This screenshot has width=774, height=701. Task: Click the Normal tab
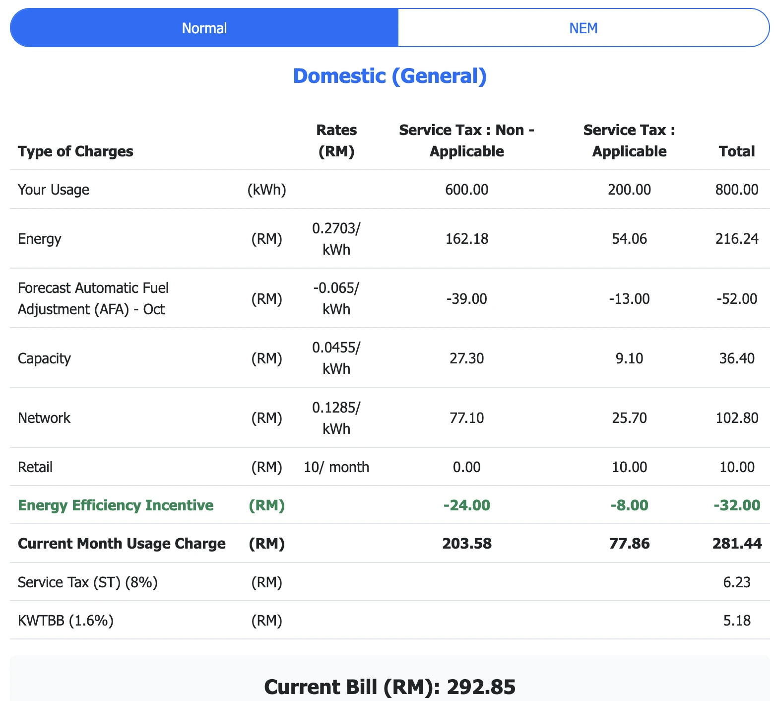pos(204,28)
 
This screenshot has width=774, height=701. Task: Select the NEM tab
pos(583,28)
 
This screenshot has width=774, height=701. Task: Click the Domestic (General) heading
pos(389,76)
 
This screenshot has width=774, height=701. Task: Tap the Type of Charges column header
pos(75,151)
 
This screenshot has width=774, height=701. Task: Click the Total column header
pos(737,151)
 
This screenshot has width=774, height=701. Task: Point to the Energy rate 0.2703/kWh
pos(336,239)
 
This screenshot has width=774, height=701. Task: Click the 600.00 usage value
pos(466,190)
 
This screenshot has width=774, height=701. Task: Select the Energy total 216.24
pos(737,239)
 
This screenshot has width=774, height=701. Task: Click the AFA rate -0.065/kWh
pos(336,298)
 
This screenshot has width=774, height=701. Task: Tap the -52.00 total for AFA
pos(737,298)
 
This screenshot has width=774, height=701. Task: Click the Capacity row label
pos(44,358)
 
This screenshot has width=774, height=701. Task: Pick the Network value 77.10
pos(466,418)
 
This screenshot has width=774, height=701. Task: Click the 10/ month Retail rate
pos(336,467)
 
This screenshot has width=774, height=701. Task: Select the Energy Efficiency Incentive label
pos(116,505)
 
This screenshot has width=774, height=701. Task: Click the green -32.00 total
pos(737,505)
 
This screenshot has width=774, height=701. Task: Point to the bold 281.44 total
pos(737,544)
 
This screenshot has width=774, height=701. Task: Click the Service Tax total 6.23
pos(737,582)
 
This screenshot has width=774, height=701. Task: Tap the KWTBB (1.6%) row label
pos(65,620)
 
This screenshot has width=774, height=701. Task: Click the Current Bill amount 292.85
pos(481,687)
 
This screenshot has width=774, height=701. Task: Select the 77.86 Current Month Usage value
pos(629,544)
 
